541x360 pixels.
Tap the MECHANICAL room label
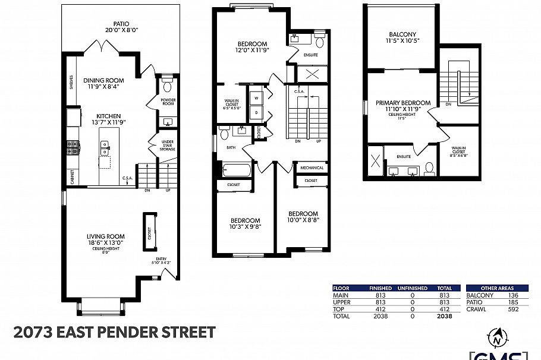[312, 168]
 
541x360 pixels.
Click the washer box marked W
[256, 97]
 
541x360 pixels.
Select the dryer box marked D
[256, 112]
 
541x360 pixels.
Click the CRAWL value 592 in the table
[511, 309]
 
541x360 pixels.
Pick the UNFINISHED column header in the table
[412, 288]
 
